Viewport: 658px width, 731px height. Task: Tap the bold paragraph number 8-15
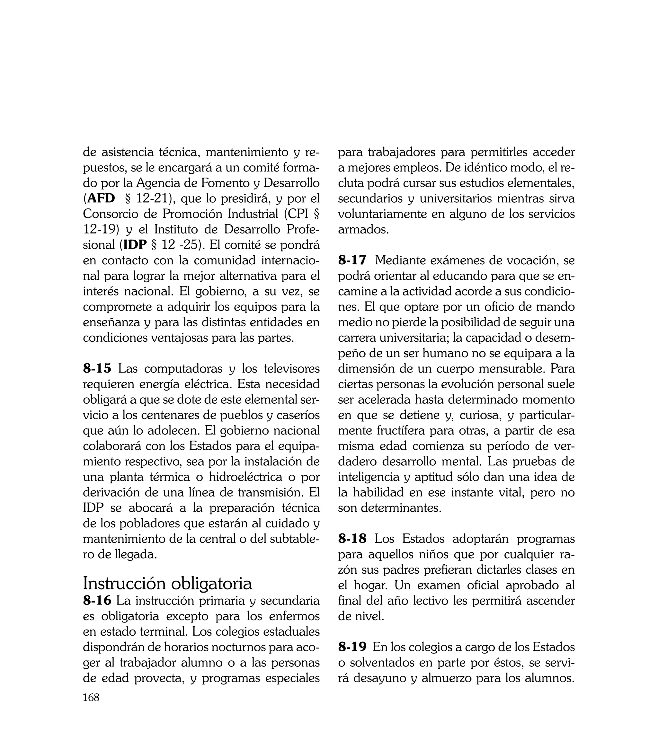click(x=97, y=369)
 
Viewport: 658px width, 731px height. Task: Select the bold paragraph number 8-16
click(x=97, y=601)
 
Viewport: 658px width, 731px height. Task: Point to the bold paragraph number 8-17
click(x=352, y=260)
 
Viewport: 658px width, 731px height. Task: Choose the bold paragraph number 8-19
click(x=352, y=647)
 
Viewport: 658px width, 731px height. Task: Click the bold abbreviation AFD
click(x=102, y=198)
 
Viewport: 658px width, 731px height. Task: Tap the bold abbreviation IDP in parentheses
click(x=135, y=245)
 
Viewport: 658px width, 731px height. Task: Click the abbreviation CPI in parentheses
click(x=298, y=214)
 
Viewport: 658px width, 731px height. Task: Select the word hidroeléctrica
click(x=245, y=477)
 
